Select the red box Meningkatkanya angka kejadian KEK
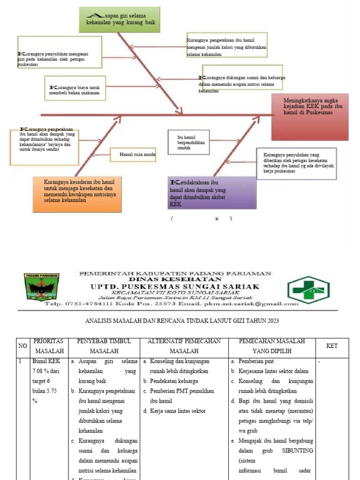click(310, 117)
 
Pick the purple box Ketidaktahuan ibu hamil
click(212, 193)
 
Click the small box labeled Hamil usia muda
click(133, 154)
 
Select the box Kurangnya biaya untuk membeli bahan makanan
click(75, 89)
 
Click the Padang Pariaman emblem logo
click(40, 290)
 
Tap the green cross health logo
click(308, 290)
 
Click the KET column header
click(332, 346)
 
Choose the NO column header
click(22, 346)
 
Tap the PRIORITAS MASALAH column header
click(49, 346)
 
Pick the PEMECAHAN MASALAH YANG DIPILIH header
click(272, 346)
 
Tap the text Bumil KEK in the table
click(45, 361)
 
